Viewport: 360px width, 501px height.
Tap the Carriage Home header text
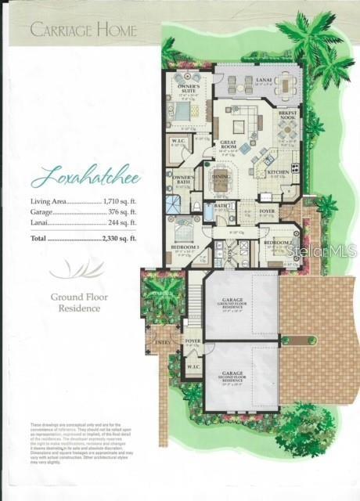[84, 31]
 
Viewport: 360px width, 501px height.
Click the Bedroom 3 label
[185, 247]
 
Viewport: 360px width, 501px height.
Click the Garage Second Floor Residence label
[232, 377]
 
